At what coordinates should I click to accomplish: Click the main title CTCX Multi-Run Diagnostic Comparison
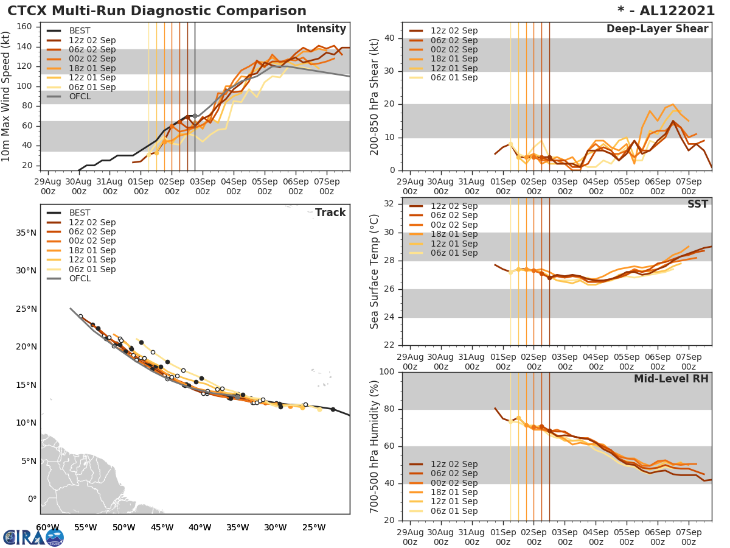[157, 11]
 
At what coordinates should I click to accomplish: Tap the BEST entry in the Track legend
[80, 213]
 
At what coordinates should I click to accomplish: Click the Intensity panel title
[321, 29]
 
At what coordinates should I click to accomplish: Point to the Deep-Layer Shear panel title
[657, 29]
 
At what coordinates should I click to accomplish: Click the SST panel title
[698, 204]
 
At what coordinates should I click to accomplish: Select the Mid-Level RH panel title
[671, 379]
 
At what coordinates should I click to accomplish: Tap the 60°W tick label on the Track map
[47, 527]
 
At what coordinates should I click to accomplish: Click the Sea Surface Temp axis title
[375, 271]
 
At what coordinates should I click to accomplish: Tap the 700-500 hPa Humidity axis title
[375, 446]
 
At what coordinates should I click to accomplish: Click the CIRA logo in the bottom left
[33, 537]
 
